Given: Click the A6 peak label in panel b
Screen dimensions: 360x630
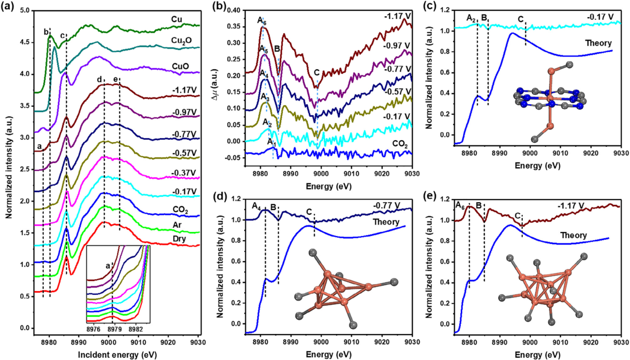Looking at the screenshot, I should tap(262, 21).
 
